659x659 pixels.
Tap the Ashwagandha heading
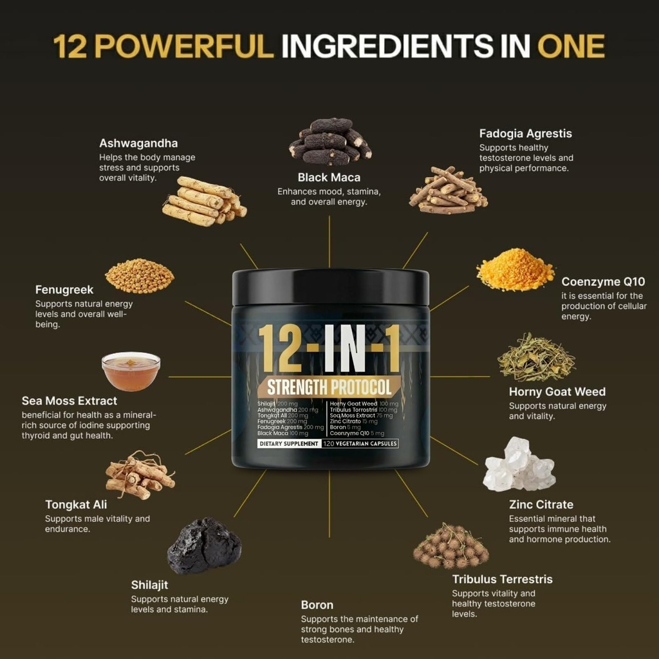(138, 143)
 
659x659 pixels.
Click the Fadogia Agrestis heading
(525, 134)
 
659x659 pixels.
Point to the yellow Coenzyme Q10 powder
(515, 271)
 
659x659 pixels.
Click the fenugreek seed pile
(140, 275)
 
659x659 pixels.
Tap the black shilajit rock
(204, 546)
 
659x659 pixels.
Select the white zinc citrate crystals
(519, 465)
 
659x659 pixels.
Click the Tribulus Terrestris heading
(502, 579)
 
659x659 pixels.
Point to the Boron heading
(317, 605)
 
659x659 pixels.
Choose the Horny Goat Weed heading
(557, 391)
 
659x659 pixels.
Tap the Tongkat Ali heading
(76, 505)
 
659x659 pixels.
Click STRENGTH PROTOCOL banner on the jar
(329, 387)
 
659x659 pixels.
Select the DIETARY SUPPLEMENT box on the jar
(288, 443)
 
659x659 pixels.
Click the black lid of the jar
(330, 287)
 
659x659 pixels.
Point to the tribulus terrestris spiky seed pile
(450, 546)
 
